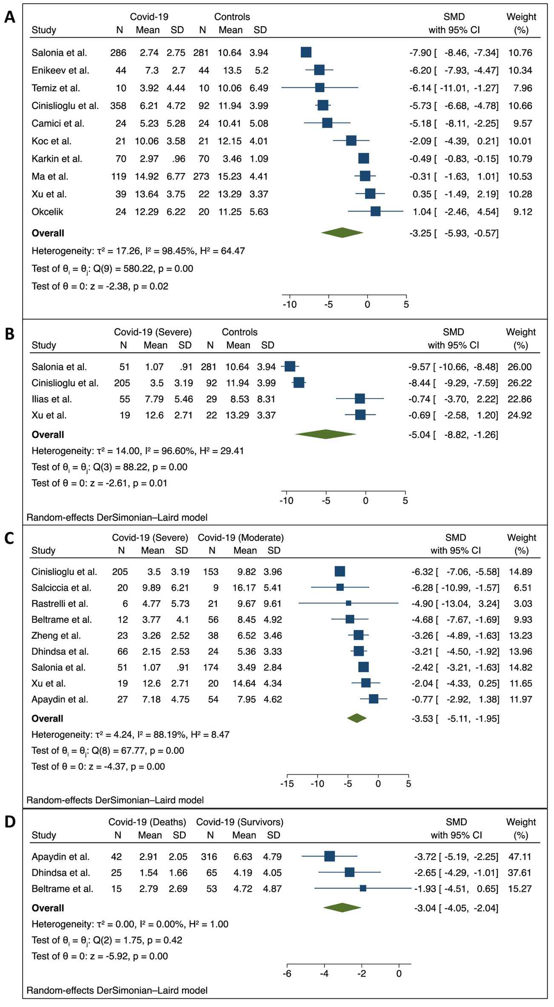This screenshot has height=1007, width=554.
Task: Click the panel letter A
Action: (9, 18)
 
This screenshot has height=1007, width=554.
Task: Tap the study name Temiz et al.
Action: (56, 88)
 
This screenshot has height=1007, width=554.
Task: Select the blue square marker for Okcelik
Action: (375, 211)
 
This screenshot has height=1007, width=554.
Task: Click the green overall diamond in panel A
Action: (342, 233)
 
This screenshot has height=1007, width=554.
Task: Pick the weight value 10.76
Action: (520, 53)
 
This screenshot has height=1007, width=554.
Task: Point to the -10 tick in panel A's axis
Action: (290, 304)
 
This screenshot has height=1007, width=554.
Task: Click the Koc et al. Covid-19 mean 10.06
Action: (146, 141)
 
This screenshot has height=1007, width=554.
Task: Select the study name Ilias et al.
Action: (52, 399)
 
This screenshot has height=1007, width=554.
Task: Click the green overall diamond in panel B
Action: (326, 434)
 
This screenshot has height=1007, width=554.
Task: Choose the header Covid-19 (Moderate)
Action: (241, 538)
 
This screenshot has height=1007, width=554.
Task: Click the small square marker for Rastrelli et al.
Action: (349, 604)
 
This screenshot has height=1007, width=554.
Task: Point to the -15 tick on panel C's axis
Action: (287, 784)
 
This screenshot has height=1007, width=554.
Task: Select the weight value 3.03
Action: (520, 604)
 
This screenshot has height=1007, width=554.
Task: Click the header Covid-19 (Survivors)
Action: (240, 822)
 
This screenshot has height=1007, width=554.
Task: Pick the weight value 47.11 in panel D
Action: (520, 857)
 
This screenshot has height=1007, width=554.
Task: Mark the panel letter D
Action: (9, 822)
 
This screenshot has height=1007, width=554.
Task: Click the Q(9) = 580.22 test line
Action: (112, 269)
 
